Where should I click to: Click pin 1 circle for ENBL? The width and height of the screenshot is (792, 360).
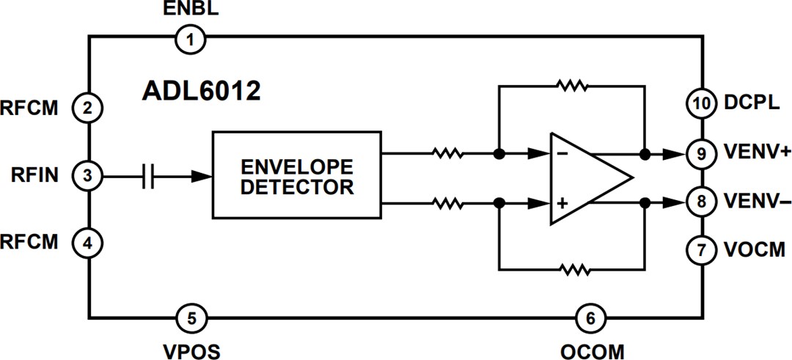191,38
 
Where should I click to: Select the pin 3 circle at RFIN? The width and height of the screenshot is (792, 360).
87,176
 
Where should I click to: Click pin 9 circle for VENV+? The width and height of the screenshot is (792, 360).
701,155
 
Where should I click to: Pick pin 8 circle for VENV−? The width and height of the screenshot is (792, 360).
701,202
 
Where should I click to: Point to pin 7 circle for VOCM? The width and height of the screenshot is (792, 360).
701,250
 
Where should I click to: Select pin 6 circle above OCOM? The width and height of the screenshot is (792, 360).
590,318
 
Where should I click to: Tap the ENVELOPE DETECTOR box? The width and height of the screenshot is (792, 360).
296,175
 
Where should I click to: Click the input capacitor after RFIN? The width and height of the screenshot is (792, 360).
149,176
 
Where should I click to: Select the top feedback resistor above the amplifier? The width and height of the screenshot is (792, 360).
572,86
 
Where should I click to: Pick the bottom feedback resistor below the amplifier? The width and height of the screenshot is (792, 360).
572,270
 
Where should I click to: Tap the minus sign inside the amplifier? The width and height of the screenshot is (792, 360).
562,155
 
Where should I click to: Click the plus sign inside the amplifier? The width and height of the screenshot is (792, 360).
562,202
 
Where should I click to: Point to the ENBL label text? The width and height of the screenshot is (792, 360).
190,10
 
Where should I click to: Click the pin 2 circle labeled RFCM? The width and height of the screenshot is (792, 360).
87,109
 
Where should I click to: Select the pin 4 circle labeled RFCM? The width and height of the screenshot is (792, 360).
87,243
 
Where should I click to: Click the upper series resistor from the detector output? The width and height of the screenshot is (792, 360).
447,155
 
